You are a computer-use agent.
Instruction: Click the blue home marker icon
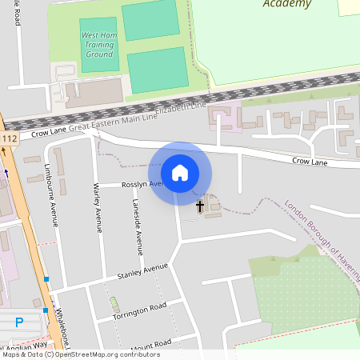(180, 172)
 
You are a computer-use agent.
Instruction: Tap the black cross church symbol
(200, 206)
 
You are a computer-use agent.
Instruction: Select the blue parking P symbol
(19, 322)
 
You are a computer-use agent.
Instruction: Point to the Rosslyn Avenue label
(142, 184)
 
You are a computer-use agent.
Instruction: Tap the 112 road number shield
(10, 139)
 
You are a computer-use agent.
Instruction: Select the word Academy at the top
(286, 4)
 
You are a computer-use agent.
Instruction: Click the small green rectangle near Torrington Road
(114, 304)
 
